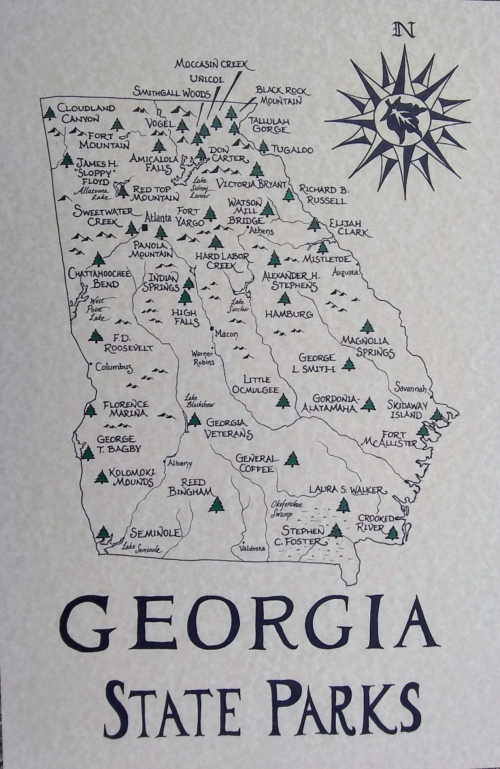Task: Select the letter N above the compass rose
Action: pos(404,31)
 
